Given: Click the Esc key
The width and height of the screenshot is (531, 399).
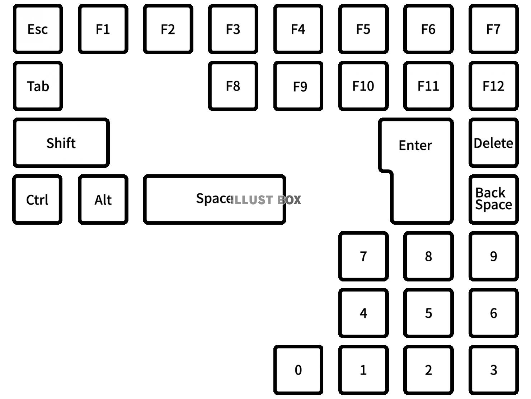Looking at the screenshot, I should [x=38, y=29].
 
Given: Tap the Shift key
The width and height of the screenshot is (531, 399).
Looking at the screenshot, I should [x=61, y=143].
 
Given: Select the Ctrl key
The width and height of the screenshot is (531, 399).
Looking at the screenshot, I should [x=37, y=199].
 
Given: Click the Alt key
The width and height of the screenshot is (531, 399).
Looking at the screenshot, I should [x=103, y=199].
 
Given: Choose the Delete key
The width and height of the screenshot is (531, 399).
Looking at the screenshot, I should [x=493, y=143].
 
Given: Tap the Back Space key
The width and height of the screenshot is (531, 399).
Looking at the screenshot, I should [x=493, y=199].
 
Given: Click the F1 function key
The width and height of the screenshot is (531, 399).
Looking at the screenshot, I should [x=103, y=29].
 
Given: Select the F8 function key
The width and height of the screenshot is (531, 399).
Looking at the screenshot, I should [x=233, y=86].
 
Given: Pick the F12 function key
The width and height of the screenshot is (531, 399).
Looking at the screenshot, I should [x=493, y=86].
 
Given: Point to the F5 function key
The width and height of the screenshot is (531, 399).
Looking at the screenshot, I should [x=363, y=29].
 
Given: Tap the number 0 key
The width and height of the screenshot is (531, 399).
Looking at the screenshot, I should [x=298, y=370].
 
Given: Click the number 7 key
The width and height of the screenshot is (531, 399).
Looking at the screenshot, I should [x=363, y=256].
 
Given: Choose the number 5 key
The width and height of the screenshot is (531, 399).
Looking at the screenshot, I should [x=428, y=313].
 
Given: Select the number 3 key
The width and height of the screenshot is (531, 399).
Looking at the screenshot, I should [x=493, y=370].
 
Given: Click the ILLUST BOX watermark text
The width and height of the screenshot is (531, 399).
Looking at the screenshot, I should [x=265, y=200].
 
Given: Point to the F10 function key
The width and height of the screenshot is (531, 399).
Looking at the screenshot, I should [x=363, y=86].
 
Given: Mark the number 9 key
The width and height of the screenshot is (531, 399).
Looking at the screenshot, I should [x=493, y=256].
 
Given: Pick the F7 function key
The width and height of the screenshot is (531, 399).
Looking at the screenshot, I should [x=493, y=29].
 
